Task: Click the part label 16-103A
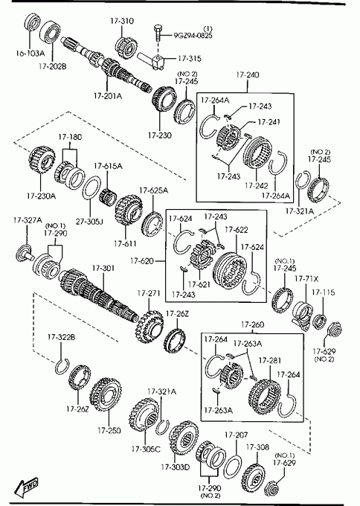(x=30, y=54)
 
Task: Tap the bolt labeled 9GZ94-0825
(x=158, y=32)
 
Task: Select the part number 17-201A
(x=108, y=96)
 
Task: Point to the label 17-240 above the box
(x=248, y=75)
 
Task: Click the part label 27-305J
(x=89, y=222)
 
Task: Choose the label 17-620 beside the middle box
(x=142, y=260)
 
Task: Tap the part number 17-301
(x=103, y=268)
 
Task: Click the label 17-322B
(x=61, y=337)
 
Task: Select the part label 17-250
(x=109, y=430)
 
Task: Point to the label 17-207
(x=236, y=435)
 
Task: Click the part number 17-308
(x=257, y=447)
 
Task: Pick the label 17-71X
(x=306, y=278)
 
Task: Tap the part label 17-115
(x=324, y=292)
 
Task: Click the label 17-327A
(x=28, y=220)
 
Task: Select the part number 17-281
(x=270, y=360)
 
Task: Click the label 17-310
(x=122, y=21)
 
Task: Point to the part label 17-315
(x=190, y=58)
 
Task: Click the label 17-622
(x=237, y=230)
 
